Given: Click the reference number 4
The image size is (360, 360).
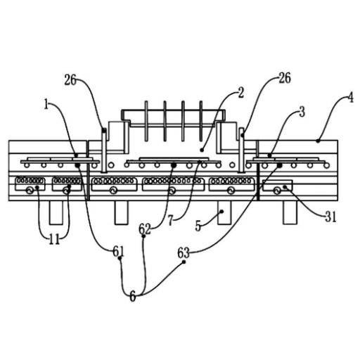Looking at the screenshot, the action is (350, 98).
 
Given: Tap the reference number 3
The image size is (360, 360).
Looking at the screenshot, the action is (302, 112).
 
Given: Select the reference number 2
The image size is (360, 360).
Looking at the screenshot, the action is (240, 93).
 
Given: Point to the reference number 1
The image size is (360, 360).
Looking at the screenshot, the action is (46, 105).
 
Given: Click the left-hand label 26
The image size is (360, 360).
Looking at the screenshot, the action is (70, 81).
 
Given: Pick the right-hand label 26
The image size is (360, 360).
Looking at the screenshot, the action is (285, 78).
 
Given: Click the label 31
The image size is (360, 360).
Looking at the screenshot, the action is (330, 217).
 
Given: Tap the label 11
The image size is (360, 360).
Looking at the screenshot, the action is (54, 240).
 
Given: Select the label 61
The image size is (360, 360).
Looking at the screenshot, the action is (118, 252).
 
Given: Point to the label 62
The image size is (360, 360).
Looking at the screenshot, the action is (145, 229).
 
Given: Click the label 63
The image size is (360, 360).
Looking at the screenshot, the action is (184, 253).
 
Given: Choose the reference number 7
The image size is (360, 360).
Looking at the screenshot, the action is (171, 220).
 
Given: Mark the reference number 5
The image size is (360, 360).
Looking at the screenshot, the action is (198, 226).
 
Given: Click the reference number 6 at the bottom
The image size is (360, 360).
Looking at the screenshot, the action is (133, 297).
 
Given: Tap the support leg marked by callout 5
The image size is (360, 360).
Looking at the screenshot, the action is (224, 212).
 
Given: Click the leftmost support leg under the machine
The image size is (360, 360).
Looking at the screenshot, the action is (56, 212).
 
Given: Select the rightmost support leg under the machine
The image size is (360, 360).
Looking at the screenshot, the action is (290, 212).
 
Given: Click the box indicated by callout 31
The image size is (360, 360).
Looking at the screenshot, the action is (278, 186).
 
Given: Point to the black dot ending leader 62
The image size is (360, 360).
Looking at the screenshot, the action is (174, 165).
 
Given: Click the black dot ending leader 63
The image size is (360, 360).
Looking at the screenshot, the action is (279, 165).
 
